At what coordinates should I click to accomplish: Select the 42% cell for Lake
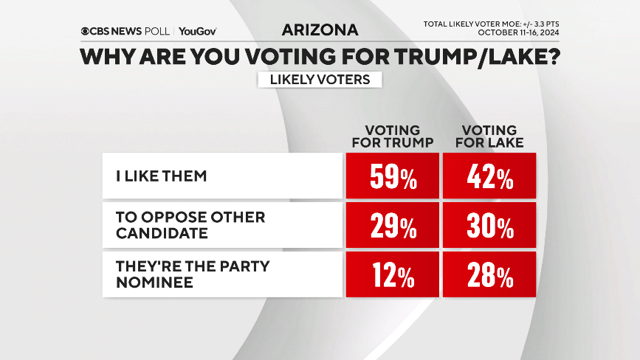[x=489, y=176]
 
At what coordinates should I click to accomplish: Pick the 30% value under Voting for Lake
[x=489, y=226]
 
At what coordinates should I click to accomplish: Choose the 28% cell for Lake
[x=489, y=276]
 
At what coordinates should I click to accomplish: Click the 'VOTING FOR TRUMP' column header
[x=392, y=136]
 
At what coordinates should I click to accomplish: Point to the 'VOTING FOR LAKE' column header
[x=489, y=136]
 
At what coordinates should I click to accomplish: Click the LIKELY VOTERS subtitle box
[x=320, y=79]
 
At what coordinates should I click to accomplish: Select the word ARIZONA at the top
[x=320, y=30]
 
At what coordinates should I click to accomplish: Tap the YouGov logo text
[x=197, y=31]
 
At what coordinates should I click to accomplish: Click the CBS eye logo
[x=86, y=31]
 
